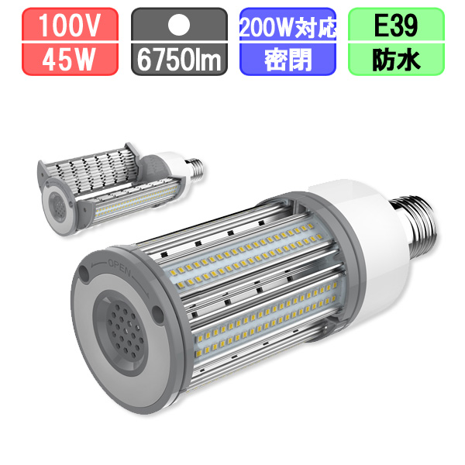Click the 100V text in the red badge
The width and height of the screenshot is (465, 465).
pyautogui.click(x=70, y=26)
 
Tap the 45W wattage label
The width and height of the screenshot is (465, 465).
pyautogui.click(x=68, y=60)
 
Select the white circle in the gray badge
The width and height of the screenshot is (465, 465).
pyautogui.click(x=179, y=25)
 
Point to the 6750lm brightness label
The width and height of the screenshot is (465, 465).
pyautogui.click(x=179, y=60)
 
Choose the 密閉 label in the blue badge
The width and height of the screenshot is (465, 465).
pyautogui.click(x=288, y=60)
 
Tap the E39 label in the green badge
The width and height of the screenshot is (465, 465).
pyautogui.click(x=396, y=26)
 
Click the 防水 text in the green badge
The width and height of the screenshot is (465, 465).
pyautogui.click(x=396, y=60)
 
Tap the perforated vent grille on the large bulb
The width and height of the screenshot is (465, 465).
pyautogui.click(x=125, y=331)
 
